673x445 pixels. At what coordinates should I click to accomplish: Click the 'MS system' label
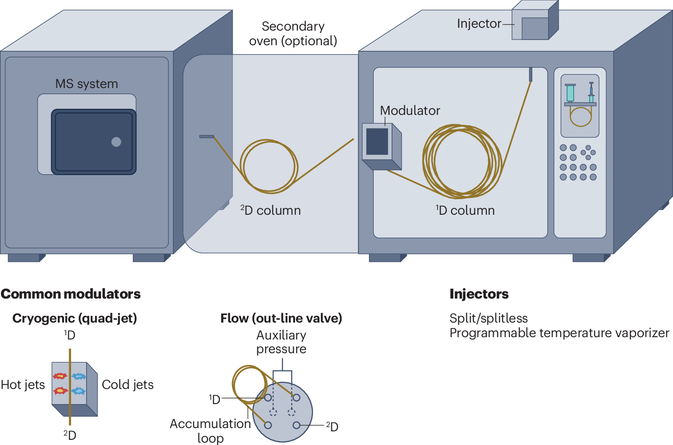(87, 84)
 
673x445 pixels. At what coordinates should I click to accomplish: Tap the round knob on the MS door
(116, 142)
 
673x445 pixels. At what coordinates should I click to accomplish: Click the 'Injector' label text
(479, 24)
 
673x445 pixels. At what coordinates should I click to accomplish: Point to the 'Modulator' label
(410, 111)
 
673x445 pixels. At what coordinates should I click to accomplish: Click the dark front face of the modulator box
(377, 141)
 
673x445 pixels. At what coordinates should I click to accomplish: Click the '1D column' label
(465, 210)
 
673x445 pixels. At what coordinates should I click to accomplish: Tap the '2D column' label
(271, 210)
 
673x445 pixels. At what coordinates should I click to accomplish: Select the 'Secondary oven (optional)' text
(293, 33)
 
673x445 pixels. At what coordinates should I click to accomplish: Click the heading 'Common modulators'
(71, 294)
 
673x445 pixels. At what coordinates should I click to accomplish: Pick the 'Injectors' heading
(479, 294)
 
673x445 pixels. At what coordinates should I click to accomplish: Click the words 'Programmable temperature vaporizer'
(559, 333)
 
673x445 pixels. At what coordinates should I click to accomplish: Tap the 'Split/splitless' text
(488, 318)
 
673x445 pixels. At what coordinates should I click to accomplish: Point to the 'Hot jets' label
(23, 385)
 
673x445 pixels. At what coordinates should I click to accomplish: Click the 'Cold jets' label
(128, 385)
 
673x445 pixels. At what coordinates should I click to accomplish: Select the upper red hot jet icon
(60, 376)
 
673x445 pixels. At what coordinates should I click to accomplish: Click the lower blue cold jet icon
(79, 391)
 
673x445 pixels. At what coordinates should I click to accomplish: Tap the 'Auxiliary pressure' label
(281, 342)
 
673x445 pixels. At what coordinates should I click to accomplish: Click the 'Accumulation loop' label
(210, 430)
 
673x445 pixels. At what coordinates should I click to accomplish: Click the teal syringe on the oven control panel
(570, 93)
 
